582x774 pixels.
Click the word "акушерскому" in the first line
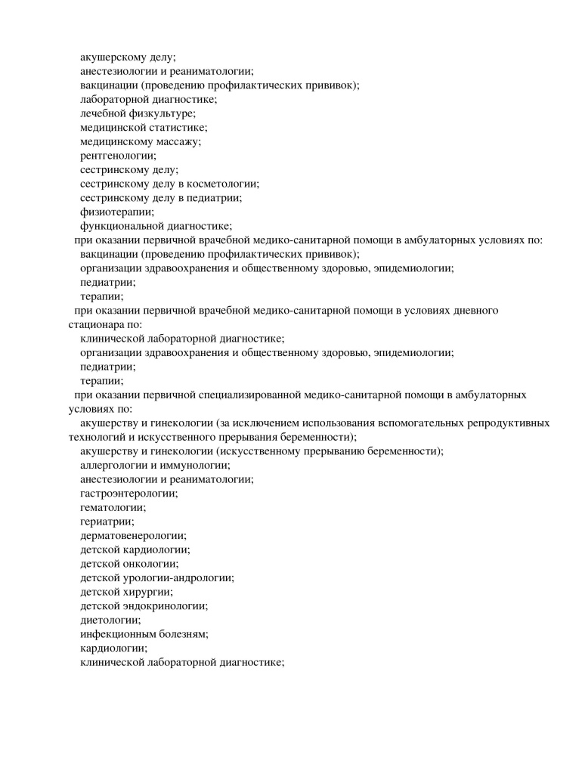coord(110,57)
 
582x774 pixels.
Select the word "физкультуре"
coord(166,113)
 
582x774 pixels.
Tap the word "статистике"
coord(179,127)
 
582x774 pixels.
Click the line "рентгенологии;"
coord(118,156)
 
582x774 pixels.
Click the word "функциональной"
coord(117,226)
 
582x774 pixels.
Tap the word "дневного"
coord(475,311)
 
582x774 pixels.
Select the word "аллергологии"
coord(113,466)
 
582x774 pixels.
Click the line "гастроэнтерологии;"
coord(128,494)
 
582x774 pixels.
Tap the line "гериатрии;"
coord(107,522)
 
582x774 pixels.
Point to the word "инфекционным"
coord(117,634)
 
